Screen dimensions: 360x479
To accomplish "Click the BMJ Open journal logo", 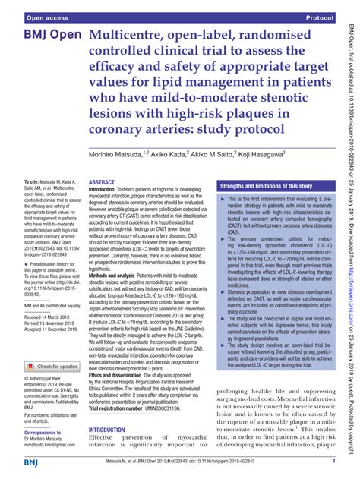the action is pos(44,38).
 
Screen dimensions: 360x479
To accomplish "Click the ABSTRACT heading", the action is pos(102,184).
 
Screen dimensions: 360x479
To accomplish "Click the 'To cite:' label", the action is pos(32,183).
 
